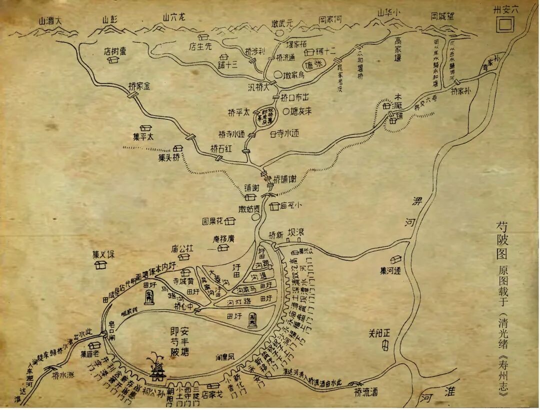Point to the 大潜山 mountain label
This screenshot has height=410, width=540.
tap(49, 20)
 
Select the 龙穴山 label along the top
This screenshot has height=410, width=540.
tap(173, 17)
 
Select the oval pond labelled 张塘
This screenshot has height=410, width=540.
tap(314, 66)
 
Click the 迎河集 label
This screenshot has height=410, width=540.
tap(390, 271)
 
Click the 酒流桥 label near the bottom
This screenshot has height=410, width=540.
tap(364, 392)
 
